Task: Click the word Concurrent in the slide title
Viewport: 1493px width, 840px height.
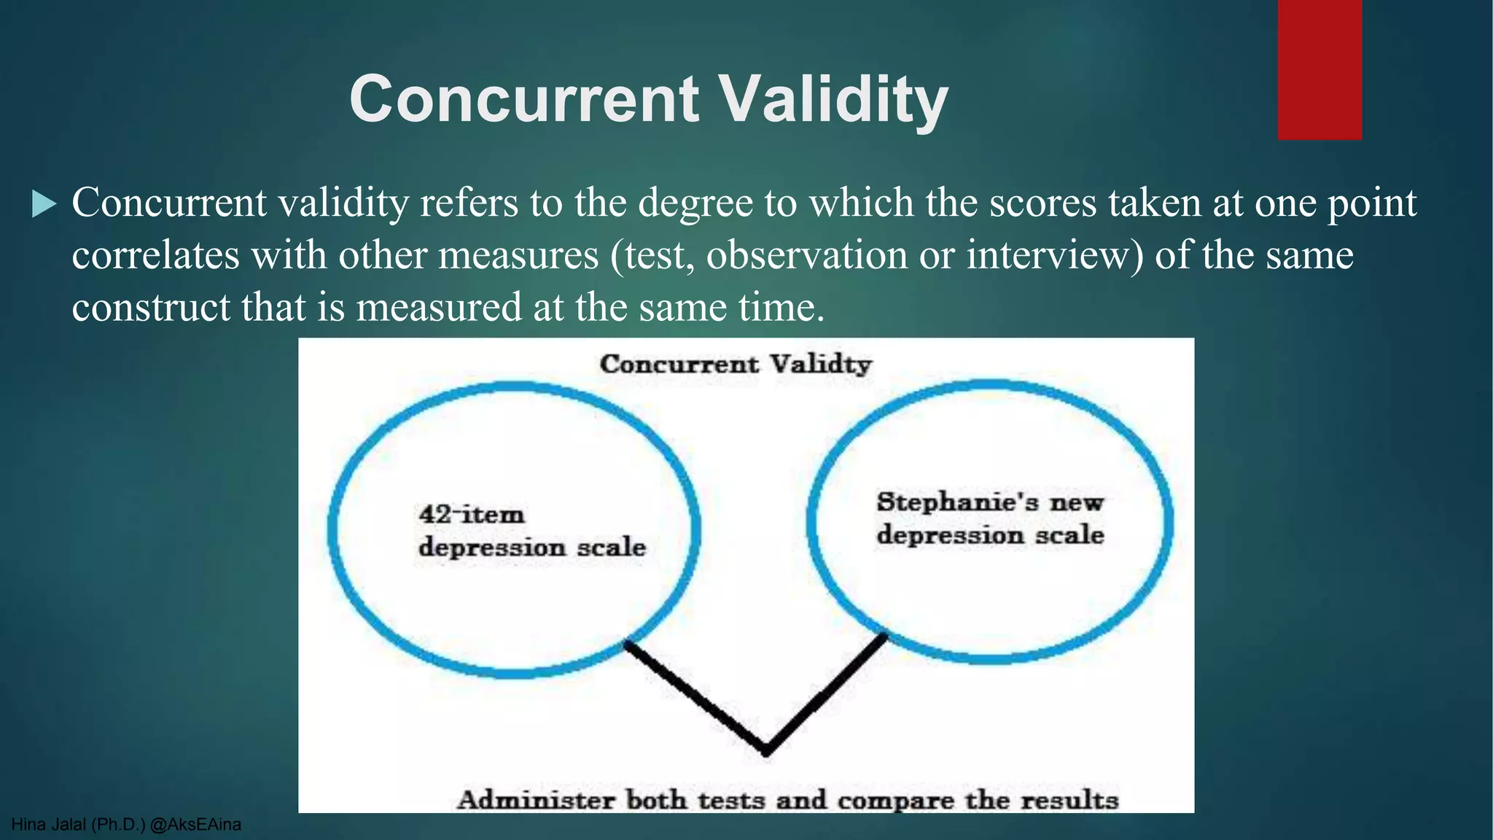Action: point(525,99)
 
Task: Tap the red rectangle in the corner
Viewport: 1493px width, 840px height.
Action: point(1319,69)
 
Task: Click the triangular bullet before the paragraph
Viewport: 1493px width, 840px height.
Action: point(44,205)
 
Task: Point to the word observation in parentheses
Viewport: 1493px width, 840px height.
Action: point(806,255)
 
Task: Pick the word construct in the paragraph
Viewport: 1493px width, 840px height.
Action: point(150,307)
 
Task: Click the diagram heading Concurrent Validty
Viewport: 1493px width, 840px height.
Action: point(735,364)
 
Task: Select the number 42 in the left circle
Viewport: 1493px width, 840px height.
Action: point(435,514)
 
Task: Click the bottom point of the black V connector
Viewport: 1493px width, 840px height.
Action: point(765,750)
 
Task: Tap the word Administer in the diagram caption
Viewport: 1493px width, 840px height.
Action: point(536,800)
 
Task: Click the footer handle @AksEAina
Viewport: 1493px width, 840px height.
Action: point(195,825)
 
